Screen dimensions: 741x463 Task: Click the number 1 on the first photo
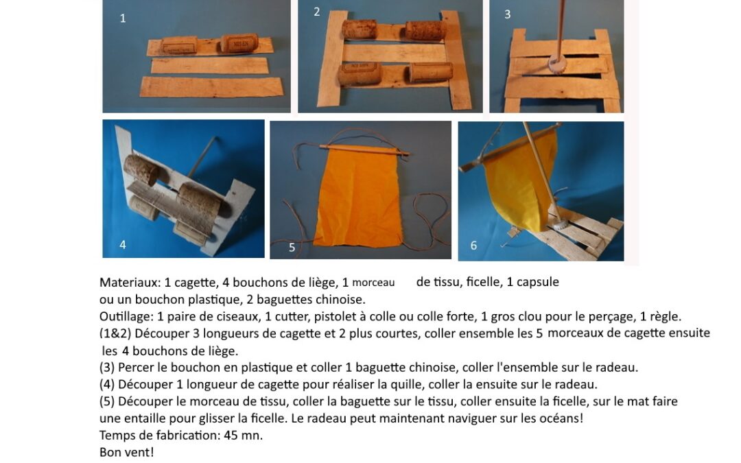coord(123,19)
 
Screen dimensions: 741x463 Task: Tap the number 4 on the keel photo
coord(123,245)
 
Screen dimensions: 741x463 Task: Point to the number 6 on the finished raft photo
coord(473,245)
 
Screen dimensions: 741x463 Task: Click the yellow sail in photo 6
coord(519,180)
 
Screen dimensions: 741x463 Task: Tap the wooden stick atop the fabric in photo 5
coord(364,150)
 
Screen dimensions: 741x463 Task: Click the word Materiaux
coord(130,283)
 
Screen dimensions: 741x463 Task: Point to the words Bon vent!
coord(127,452)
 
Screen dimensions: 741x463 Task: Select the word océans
coord(563,418)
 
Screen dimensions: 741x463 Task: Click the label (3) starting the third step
coord(107,368)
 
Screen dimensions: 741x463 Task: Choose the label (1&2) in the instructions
coord(115,333)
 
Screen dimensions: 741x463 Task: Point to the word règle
coord(667,317)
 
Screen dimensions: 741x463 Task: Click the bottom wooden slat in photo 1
coord(212,87)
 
